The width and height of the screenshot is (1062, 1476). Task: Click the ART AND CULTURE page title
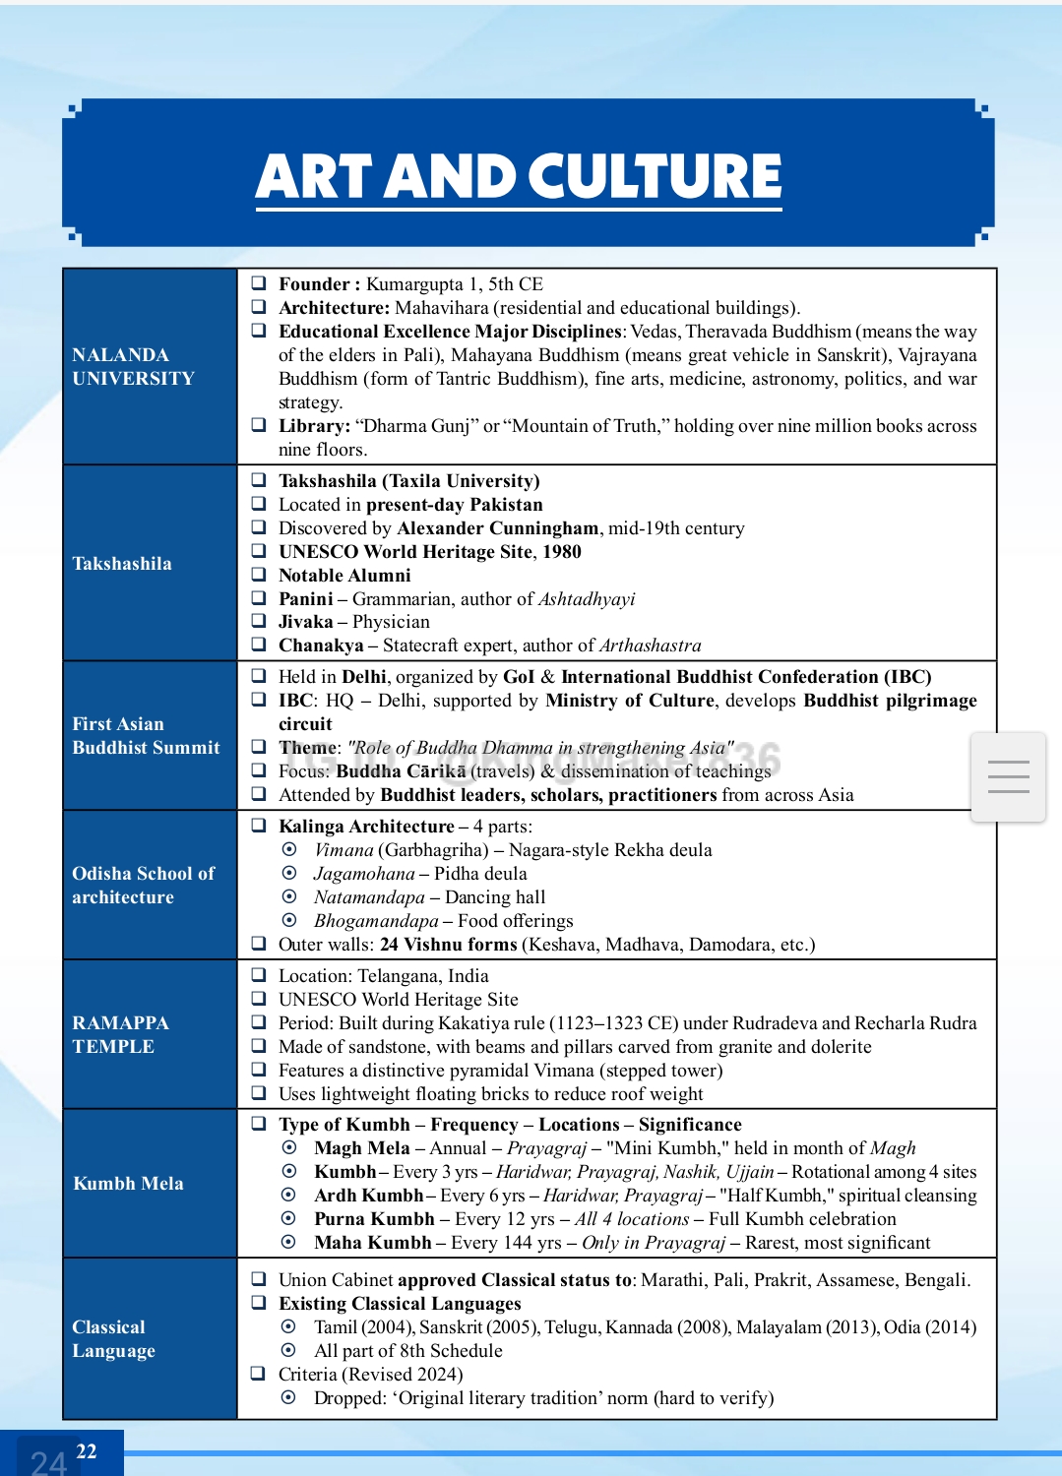click(x=519, y=177)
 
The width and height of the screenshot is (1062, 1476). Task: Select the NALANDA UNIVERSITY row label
click(x=133, y=367)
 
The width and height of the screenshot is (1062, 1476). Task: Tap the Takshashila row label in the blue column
click(x=122, y=564)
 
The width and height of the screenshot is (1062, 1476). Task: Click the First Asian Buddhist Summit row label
click(x=146, y=736)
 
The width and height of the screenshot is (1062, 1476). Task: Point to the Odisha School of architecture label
click(x=143, y=886)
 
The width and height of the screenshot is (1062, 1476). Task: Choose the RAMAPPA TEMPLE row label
click(x=120, y=1035)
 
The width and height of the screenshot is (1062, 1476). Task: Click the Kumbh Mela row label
click(x=128, y=1184)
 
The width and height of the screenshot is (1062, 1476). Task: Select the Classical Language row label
click(x=113, y=1339)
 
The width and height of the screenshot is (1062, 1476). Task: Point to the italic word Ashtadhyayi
click(x=587, y=599)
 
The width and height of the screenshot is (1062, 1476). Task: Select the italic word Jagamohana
click(x=364, y=874)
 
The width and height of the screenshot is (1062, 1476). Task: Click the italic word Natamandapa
click(x=369, y=897)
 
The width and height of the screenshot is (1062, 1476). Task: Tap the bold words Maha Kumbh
click(x=372, y=1243)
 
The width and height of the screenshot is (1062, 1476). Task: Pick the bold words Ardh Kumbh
click(x=368, y=1196)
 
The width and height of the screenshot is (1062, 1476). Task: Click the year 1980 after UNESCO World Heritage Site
click(x=562, y=552)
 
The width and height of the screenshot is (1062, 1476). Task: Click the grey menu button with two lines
click(x=1008, y=777)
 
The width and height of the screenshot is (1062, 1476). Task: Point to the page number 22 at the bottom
click(x=87, y=1451)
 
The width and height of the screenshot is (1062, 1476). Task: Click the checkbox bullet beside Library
click(x=259, y=425)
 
